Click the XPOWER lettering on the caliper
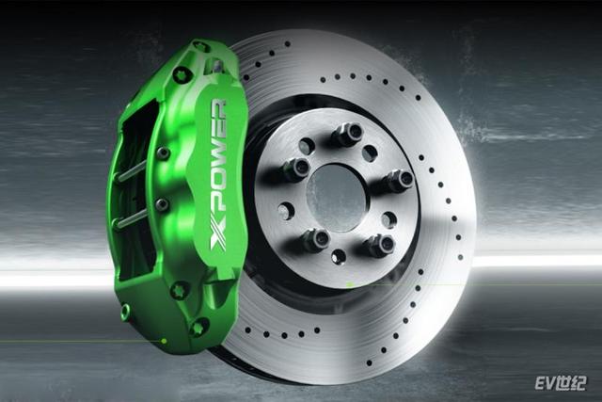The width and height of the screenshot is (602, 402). point(219,176)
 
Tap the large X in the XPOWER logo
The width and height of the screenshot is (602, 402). point(218,239)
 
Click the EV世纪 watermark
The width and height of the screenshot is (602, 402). point(561,383)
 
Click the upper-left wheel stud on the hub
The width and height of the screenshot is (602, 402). point(297,169)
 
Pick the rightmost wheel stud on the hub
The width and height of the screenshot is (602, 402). point(400,180)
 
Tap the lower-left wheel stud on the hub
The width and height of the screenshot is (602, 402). point(317,239)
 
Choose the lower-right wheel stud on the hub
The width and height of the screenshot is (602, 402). point(380,245)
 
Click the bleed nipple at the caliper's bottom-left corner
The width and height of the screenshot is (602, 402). point(125,312)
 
